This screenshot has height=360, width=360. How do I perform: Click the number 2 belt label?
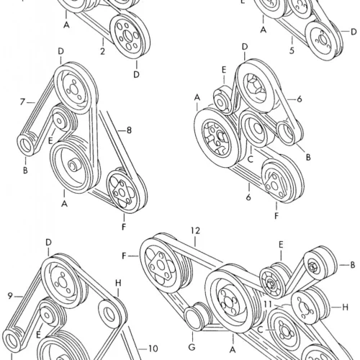(102, 51)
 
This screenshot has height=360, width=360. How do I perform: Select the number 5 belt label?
(292, 50)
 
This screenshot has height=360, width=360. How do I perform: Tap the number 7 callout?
(22, 102)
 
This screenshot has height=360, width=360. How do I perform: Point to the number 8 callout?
(129, 130)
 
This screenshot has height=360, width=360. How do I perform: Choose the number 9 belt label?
(10, 296)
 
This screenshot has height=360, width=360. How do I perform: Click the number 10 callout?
(153, 348)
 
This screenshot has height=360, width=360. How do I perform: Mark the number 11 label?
(268, 305)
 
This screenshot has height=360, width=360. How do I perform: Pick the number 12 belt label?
(195, 230)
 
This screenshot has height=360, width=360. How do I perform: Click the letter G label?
(192, 347)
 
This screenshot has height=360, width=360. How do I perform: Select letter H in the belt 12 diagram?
(345, 307)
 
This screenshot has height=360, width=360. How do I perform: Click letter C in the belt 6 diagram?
(251, 159)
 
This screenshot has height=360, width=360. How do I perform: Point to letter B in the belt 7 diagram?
(25, 170)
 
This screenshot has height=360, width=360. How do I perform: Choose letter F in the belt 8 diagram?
(124, 227)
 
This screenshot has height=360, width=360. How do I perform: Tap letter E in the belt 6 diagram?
(224, 70)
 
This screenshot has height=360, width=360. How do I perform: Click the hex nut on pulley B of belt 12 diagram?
(312, 266)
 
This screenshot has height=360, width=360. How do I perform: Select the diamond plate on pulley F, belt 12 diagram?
(160, 266)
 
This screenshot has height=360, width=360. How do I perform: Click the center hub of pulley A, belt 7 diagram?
(73, 166)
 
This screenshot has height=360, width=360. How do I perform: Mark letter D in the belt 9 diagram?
(48, 243)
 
